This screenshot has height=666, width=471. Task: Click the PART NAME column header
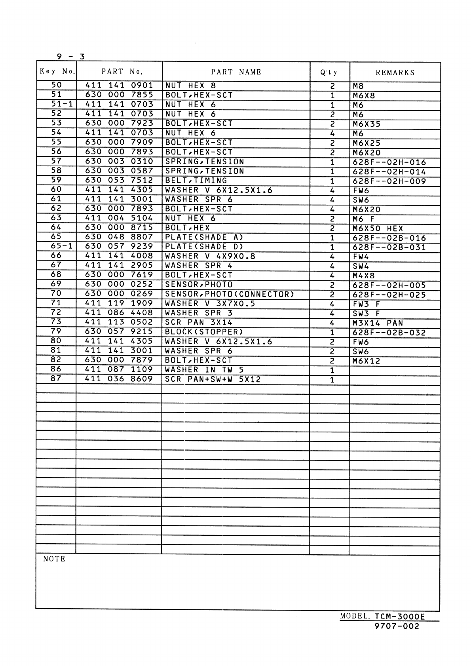(236, 72)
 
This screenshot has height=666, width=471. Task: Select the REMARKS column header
(395, 72)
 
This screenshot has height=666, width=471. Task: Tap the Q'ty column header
(329, 72)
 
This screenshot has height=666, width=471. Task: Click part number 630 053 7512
(119, 181)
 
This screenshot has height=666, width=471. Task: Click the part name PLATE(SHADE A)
(204, 237)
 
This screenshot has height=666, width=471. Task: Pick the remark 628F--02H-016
(389, 162)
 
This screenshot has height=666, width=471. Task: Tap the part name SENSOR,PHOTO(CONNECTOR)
(230, 294)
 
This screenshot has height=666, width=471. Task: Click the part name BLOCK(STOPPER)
(204, 332)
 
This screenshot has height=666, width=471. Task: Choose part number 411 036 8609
(119, 379)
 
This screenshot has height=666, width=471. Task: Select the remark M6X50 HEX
(378, 228)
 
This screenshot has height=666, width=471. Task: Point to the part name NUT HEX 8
(190, 86)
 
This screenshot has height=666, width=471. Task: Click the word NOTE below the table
(54, 559)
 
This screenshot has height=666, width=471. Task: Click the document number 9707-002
(397, 626)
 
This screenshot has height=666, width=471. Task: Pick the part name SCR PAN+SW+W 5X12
(213, 379)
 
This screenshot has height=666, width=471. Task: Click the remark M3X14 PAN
(378, 323)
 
